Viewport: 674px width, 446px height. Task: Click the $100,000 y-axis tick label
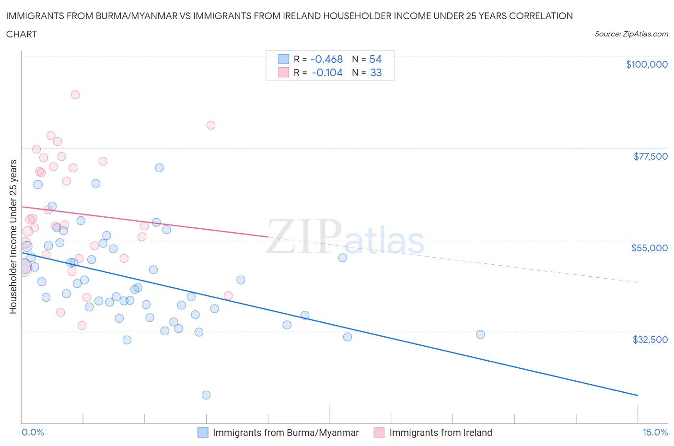pos(647,64)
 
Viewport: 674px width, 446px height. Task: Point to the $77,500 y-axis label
pos(651,156)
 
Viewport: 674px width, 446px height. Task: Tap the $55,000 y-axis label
pos(649,248)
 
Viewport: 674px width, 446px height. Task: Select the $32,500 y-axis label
pos(650,340)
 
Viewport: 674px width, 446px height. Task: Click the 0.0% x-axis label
pos(33,433)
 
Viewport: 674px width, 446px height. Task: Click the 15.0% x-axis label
pos(655,433)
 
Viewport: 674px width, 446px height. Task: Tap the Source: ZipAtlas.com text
pos(631,34)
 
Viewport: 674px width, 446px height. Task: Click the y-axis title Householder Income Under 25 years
pos(13,236)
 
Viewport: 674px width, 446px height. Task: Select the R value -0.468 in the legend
pos(326,59)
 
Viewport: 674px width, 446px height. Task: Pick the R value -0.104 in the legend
pos(327,72)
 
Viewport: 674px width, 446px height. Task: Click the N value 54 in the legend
pos(375,59)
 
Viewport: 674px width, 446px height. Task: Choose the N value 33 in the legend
pos(376,72)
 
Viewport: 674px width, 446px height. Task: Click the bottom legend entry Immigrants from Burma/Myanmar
pos(285,433)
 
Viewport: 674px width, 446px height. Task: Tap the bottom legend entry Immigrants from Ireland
pos(440,433)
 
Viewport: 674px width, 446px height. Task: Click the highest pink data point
pos(75,94)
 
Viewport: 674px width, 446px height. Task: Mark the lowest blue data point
pos(206,395)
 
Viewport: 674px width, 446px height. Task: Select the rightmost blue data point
pos(480,334)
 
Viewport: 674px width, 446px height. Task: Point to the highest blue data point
pos(159,168)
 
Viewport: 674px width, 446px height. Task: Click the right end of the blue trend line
pos(638,395)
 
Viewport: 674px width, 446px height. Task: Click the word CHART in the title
pos(22,34)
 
